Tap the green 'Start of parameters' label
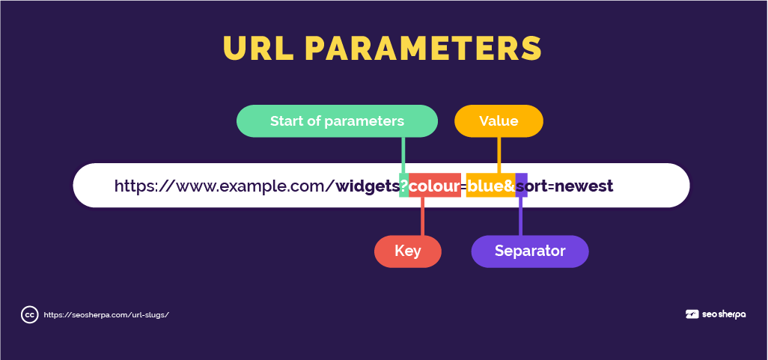coord(337,121)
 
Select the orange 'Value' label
coord(499,121)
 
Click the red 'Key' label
coord(407,251)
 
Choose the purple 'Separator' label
coord(530,251)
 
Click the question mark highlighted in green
coord(404,186)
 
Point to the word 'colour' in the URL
coord(434,186)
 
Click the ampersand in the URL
coord(510,186)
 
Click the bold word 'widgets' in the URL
coord(368,186)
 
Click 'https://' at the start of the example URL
coord(144,186)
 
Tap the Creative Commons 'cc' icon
coord(29,315)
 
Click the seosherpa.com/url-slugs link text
coord(106,315)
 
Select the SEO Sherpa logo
coord(716,314)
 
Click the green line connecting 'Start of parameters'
coord(403,155)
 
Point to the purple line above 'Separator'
coord(520,216)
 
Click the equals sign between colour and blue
coord(463,186)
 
